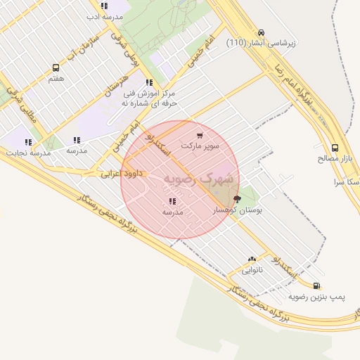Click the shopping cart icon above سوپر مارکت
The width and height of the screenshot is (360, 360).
[x=200, y=136]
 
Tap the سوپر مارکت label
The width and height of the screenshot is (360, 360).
[x=200, y=146]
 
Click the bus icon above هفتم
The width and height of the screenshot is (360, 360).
[x=56, y=68]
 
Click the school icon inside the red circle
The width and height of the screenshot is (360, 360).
[x=173, y=202]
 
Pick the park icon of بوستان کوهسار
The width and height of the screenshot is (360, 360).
[x=236, y=200]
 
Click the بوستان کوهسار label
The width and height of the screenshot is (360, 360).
[x=237, y=210]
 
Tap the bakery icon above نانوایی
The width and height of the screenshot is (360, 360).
[x=252, y=259]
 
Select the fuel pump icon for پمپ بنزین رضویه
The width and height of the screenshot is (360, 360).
[x=317, y=286]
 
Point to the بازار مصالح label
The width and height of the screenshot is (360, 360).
[x=333, y=158]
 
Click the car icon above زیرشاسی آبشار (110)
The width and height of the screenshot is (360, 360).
[x=261, y=32]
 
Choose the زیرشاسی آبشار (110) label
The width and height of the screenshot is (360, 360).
[x=262, y=43]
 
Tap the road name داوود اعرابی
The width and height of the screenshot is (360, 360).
[x=121, y=172]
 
